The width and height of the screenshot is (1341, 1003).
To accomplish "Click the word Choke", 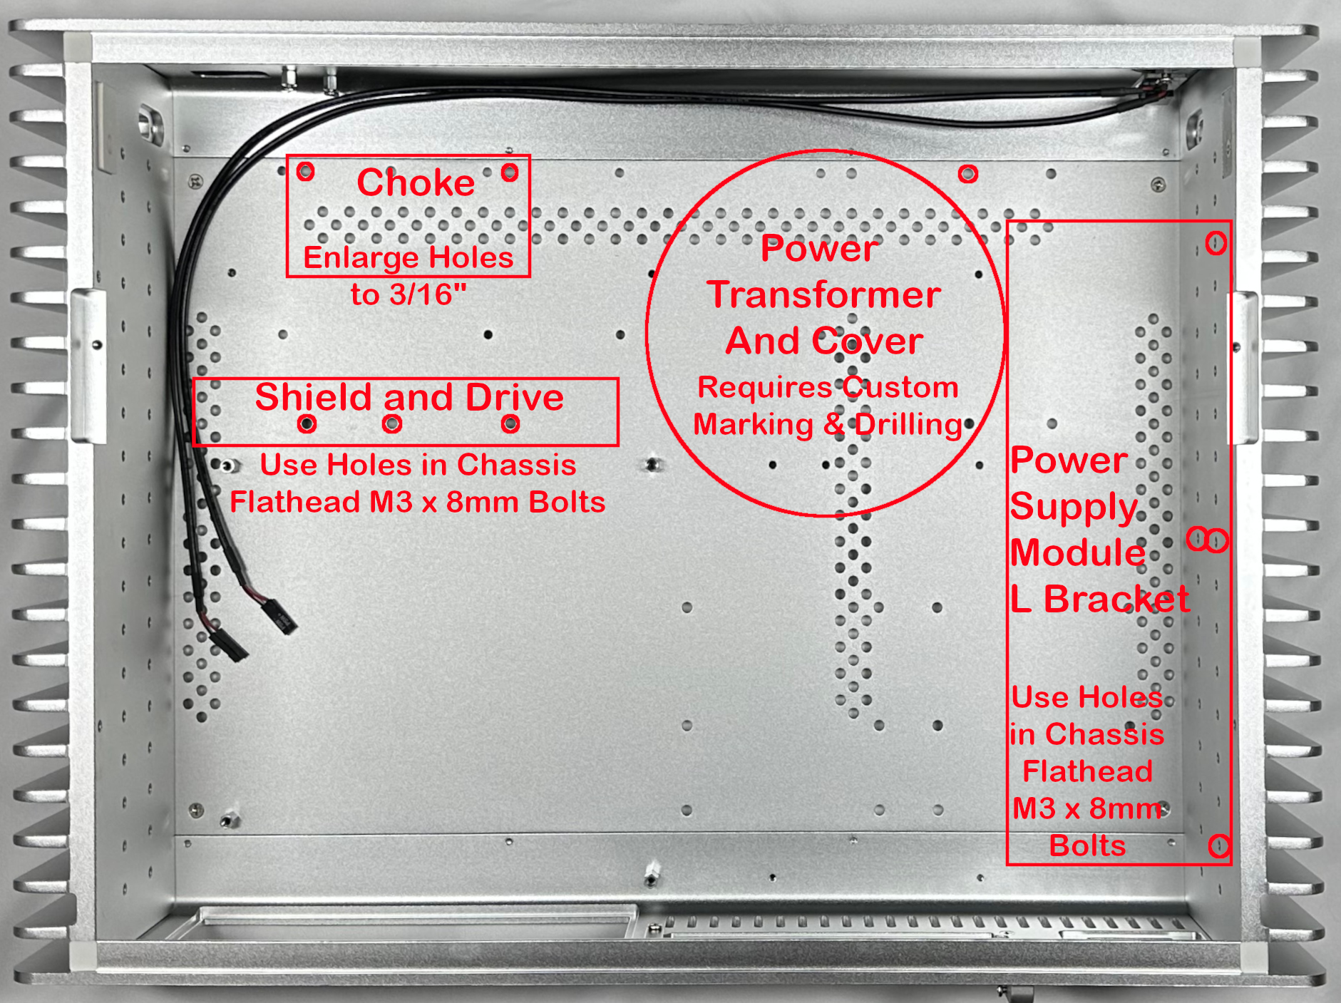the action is pyautogui.click(x=416, y=182).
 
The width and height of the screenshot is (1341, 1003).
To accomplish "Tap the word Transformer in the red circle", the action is pyautogui.click(x=823, y=294).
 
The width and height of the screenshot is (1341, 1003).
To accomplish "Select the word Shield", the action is pyautogui.click(x=314, y=396).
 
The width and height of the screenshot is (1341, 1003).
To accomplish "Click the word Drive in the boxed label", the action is pyautogui.click(x=514, y=396).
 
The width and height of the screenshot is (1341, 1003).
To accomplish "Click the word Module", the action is pyautogui.click(x=1077, y=552).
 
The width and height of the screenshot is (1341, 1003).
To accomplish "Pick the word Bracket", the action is pyautogui.click(x=1116, y=599).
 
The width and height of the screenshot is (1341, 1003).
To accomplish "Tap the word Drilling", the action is pyautogui.click(x=908, y=425).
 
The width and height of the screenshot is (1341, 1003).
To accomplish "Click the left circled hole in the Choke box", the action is pyautogui.click(x=305, y=171).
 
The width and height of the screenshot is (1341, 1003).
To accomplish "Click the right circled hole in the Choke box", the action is pyautogui.click(x=510, y=172).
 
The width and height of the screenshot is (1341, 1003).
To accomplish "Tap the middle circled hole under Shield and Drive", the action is pyautogui.click(x=391, y=424).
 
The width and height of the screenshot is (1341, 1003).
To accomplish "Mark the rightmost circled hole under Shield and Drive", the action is pyautogui.click(x=510, y=424).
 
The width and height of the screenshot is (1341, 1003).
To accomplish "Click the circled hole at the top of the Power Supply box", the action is pyautogui.click(x=1216, y=243).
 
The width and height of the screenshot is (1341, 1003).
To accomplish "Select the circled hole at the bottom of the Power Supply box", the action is pyautogui.click(x=1219, y=846).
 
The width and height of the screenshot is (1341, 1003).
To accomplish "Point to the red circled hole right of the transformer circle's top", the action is pyautogui.click(x=967, y=173).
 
